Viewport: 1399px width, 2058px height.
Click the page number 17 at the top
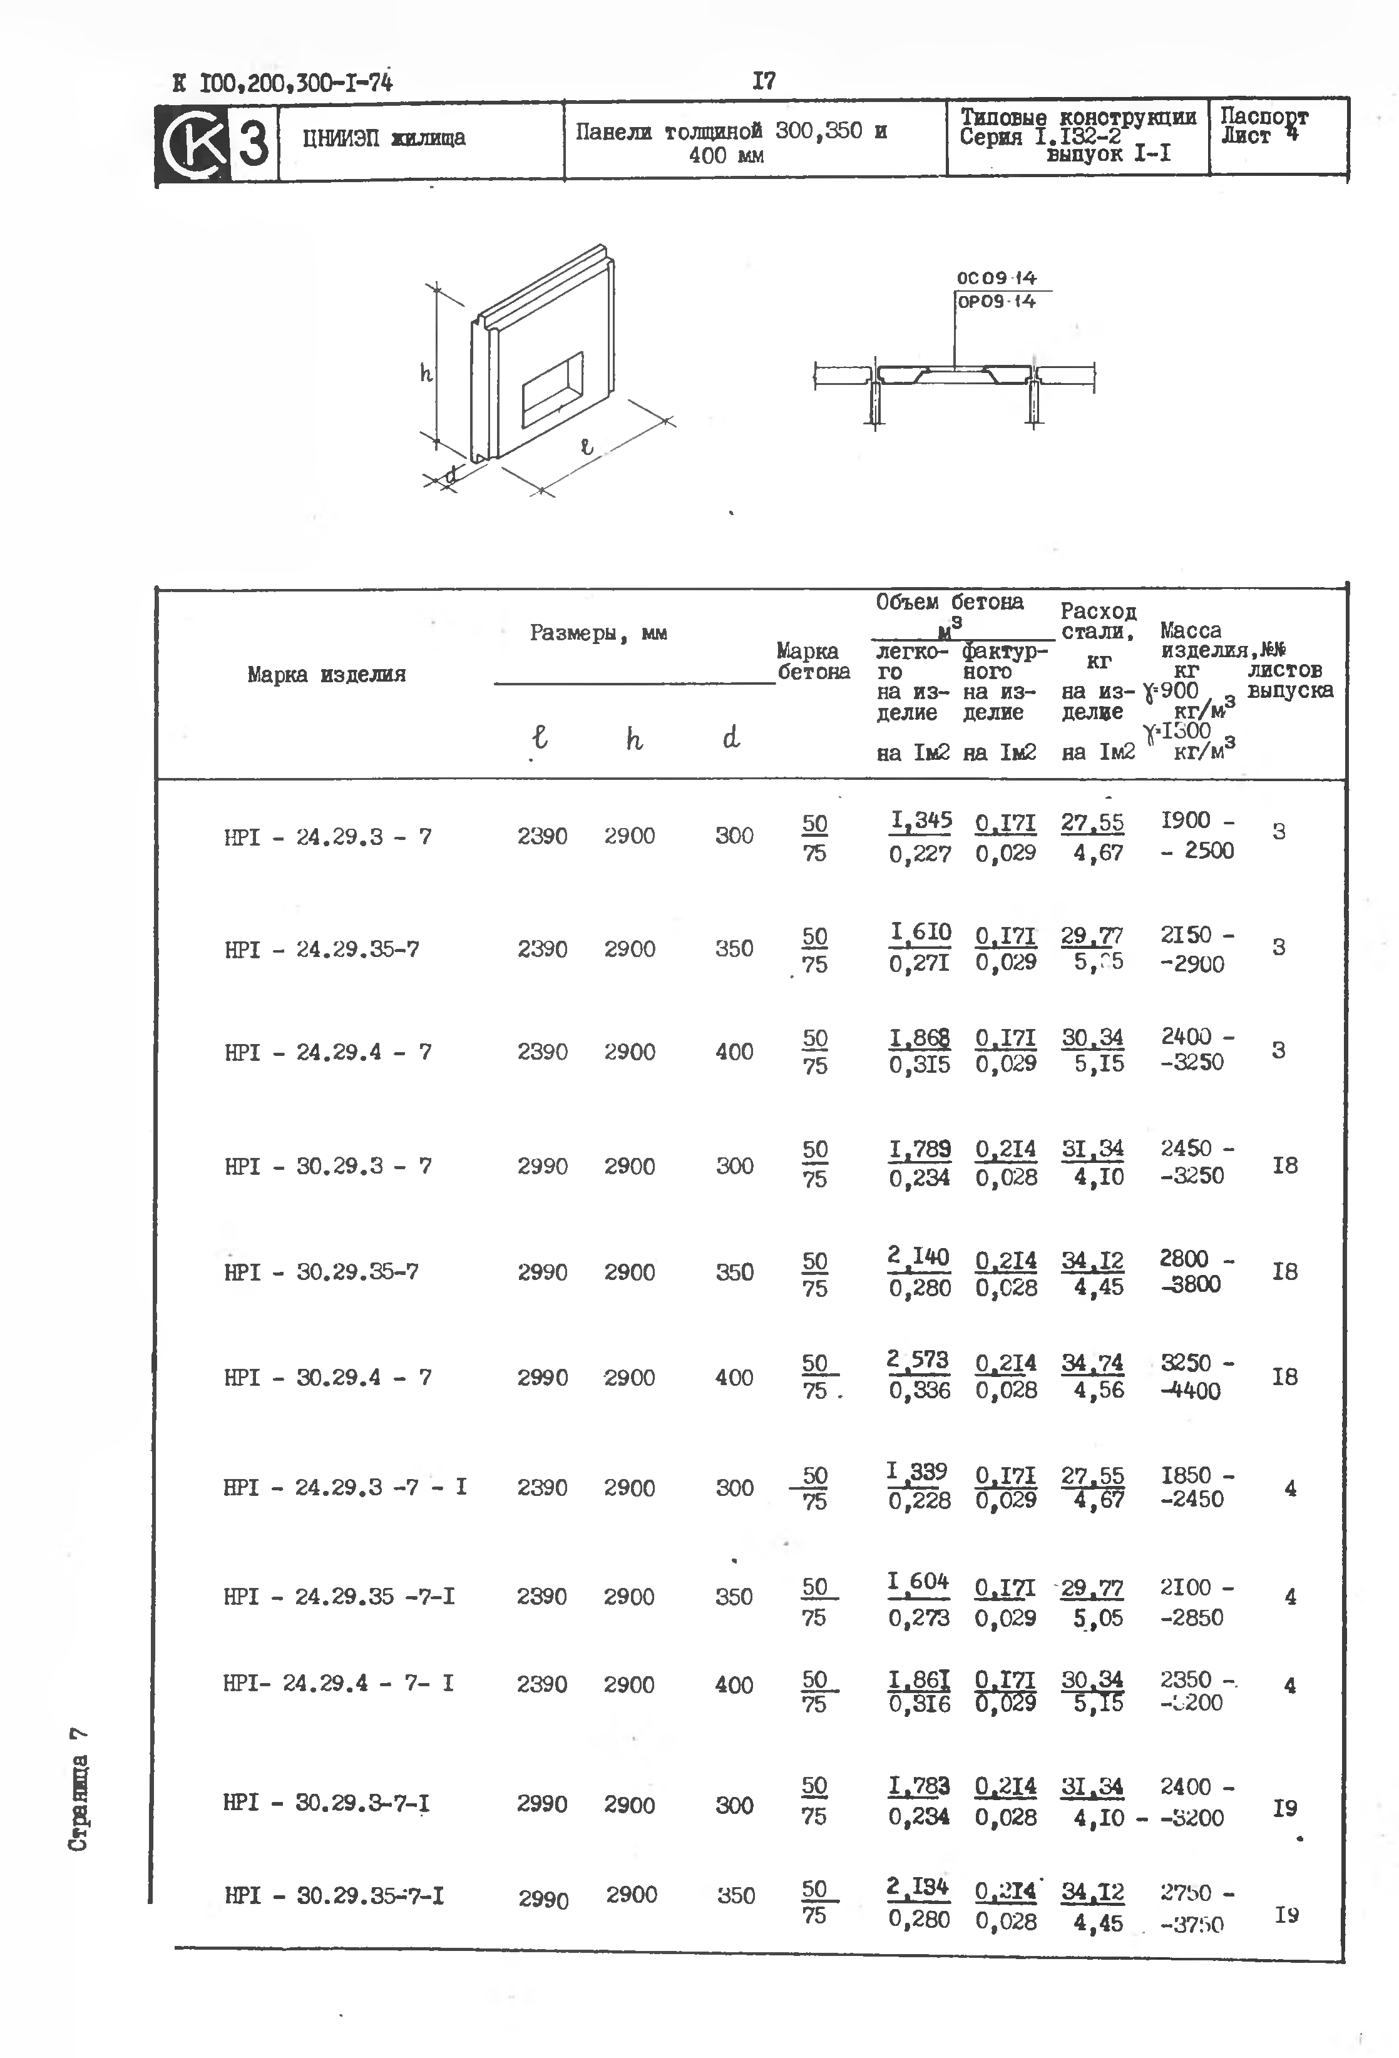pos(763,81)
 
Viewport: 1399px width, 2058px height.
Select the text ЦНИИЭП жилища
pos(384,138)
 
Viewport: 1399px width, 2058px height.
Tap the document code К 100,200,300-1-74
pos(282,83)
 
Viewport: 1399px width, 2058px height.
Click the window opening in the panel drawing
pos(553,388)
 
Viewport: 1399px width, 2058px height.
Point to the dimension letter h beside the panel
pos(426,374)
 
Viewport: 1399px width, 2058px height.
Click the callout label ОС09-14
pos(996,278)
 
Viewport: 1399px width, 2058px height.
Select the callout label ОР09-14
pos(996,302)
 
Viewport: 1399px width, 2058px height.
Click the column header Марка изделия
pos(326,675)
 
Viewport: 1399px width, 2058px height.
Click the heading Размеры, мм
pos(598,633)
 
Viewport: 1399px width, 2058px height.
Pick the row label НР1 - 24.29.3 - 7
pos(327,837)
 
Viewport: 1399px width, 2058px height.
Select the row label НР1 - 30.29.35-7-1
pos(334,1895)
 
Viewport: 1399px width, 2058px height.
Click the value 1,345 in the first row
pos(921,821)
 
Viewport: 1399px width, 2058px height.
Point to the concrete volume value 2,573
pos(918,1359)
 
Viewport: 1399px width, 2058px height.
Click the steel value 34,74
pos(1093,1363)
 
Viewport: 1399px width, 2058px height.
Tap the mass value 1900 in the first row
pos(1186,820)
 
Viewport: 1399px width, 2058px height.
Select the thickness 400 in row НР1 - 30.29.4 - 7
pos(734,1377)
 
